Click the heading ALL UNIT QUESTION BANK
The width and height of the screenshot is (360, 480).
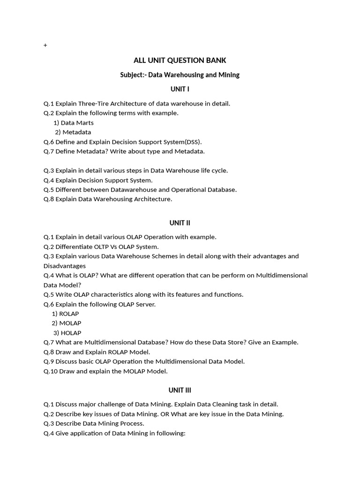tap(180, 60)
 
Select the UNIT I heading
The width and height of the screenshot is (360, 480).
tap(180, 89)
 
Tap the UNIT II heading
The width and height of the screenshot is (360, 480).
tap(180, 223)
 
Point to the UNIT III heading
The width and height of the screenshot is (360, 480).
tap(180, 390)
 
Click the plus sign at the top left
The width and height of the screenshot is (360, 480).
tap(45, 45)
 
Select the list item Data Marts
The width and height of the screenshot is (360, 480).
tap(77, 123)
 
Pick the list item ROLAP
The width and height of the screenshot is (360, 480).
tap(69, 314)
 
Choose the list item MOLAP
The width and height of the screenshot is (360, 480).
tap(70, 323)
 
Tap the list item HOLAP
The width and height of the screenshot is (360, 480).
tap(71, 333)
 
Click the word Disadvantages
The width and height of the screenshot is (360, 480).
tap(65, 266)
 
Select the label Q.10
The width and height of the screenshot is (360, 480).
tap(50, 371)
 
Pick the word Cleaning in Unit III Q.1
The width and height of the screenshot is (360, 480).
tap(219, 404)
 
